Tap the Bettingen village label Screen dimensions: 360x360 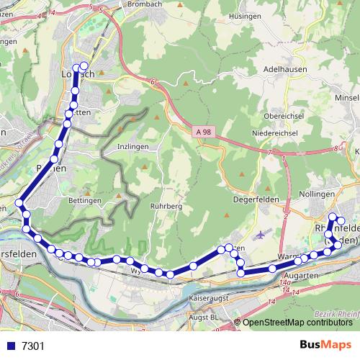pos(84,200)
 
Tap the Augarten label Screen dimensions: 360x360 pos(302,276)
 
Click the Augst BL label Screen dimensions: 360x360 pos(206,316)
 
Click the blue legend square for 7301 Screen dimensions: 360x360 pos(9,346)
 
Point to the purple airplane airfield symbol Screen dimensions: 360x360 pos(261,234)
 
